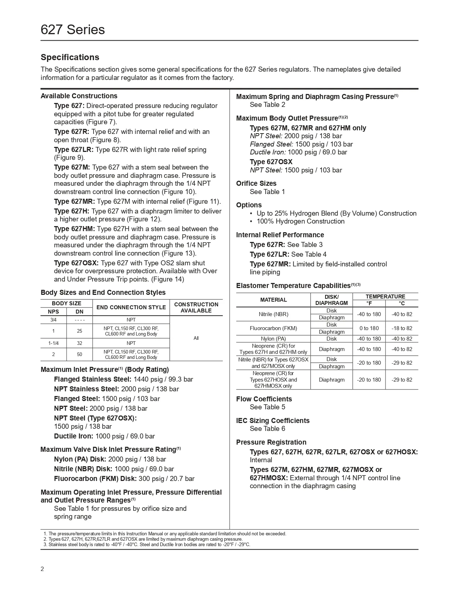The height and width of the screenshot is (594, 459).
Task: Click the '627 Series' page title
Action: pos(73,30)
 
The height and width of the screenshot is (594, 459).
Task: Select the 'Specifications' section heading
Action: pos(70,57)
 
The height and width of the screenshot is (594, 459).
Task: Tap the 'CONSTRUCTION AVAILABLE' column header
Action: pos(196,307)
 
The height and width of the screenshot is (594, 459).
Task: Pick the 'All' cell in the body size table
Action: pos(196,338)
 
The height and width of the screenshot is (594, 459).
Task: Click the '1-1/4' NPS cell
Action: pos(53,343)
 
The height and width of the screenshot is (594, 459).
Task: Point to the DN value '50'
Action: pos(80,355)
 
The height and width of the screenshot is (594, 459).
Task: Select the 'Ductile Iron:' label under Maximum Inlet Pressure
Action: pos(74,436)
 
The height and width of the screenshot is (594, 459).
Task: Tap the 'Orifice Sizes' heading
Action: pos(256,184)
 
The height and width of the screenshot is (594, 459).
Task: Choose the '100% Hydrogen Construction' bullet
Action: pos(301,221)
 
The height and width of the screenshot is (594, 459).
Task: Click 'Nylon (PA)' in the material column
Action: pos(273,339)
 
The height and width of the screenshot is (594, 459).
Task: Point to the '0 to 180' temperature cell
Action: pos(369,328)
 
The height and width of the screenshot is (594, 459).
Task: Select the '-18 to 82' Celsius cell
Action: pos(402,328)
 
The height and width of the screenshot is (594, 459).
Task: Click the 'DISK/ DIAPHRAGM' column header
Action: pos(332,300)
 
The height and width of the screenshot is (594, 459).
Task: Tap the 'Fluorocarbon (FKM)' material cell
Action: pos(273,328)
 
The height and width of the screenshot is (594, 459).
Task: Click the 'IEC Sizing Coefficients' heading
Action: pos(273,421)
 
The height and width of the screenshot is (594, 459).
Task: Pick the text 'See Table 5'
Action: pos(267,407)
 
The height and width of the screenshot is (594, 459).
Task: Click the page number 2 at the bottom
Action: pos(42,569)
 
